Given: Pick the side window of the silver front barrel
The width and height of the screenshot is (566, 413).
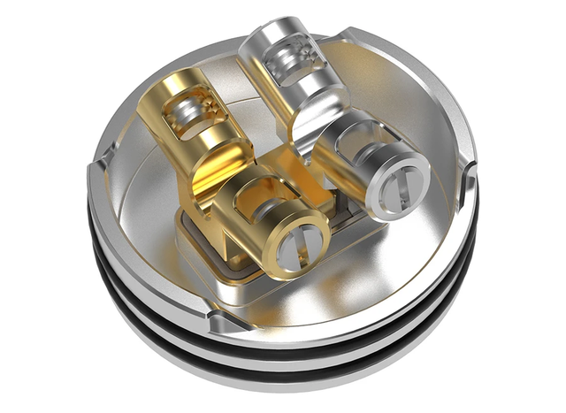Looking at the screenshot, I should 349,146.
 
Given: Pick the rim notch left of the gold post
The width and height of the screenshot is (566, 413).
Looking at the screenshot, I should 97,164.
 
